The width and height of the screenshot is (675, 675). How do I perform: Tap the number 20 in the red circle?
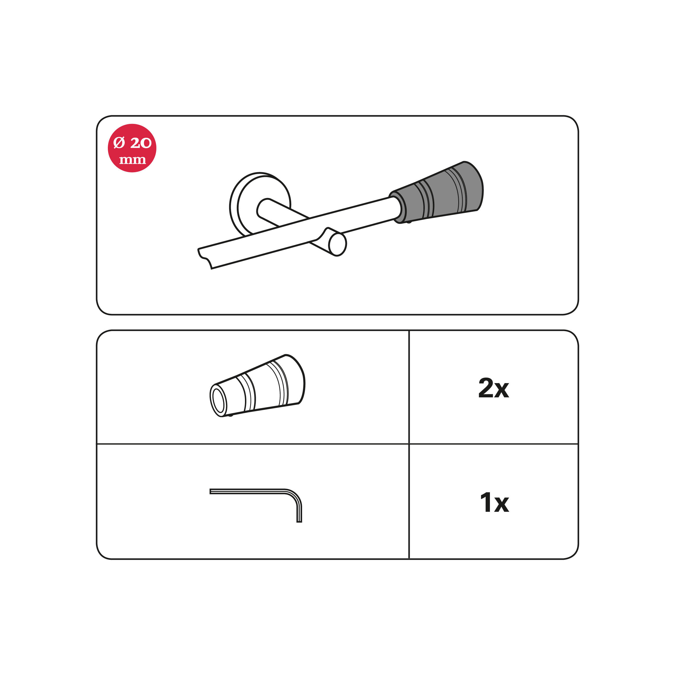click(x=141, y=143)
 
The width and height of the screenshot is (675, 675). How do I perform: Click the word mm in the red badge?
click(x=132, y=160)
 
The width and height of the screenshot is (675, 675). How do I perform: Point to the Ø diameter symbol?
click(x=119, y=143)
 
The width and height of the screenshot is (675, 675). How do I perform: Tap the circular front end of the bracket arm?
click(x=337, y=245)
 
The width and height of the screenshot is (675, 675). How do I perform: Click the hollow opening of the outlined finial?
click(x=218, y=401)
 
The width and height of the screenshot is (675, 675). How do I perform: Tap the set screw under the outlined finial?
click(x=230, y=415)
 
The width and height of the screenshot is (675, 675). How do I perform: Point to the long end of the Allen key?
click(x=211, y=491)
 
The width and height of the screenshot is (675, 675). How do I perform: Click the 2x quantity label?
click(x=494, y=388)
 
